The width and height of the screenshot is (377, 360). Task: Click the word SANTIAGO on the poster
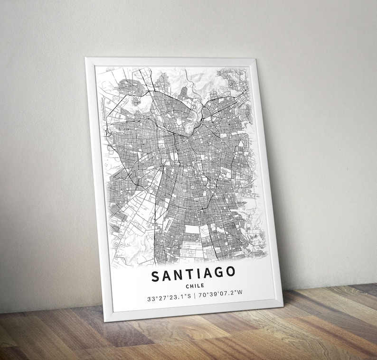[x=193, y=274]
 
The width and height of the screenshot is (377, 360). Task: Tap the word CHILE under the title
[x=196, y=286]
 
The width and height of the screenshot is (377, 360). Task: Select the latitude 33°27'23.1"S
[x=169, y=299]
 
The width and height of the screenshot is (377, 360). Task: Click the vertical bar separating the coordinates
[x=195, y=296]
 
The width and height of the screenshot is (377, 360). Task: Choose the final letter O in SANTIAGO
[x=230, y=272]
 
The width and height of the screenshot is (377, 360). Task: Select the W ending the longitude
[x=240, y=292]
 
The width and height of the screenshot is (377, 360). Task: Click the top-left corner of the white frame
[x=86, y=59]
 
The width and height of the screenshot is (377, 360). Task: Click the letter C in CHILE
[x=188, y=286]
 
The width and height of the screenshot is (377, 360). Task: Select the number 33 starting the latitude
[x=151, y=300]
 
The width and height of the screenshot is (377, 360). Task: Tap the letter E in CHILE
[x=203, y=286]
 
